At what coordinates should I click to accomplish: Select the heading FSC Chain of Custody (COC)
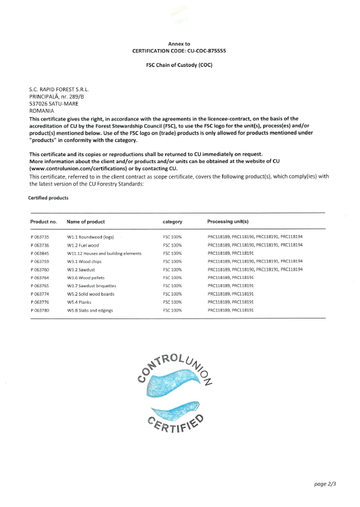(x=180, y=65)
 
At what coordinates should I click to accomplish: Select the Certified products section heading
(x=48, y=198)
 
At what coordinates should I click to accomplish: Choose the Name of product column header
(x=86, y=222)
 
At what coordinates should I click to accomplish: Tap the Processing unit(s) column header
(x=228, y=222)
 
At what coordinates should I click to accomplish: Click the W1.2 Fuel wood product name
(x=83, y=245)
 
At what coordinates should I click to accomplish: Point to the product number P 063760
(x=40, y=269)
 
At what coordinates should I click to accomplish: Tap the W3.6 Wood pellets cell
(x=87, y=278)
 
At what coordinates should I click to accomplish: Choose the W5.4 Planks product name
(x=80, y=302)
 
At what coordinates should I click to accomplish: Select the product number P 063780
(x=40, y=310)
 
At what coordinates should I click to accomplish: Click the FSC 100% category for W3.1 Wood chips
(x=173, y=261)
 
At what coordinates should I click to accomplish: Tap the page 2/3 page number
(x=326, y=485)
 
